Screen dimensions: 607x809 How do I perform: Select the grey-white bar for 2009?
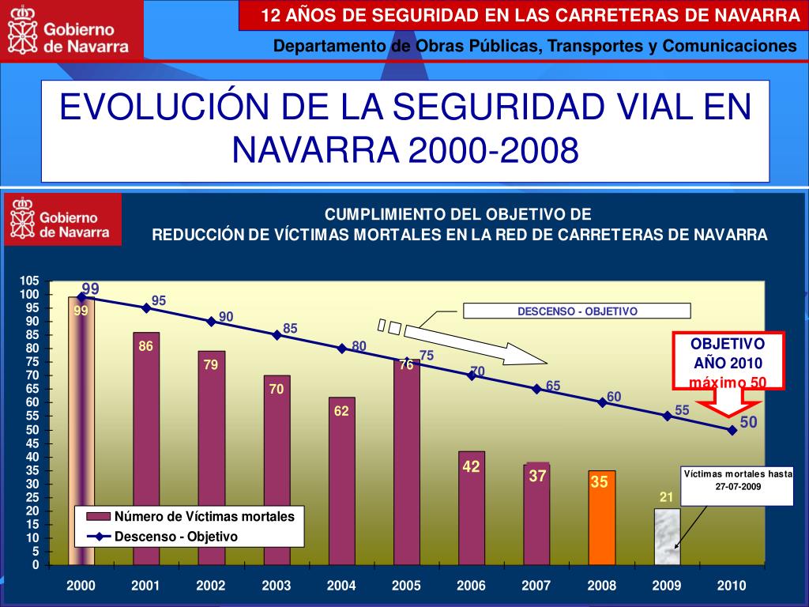point(667,537)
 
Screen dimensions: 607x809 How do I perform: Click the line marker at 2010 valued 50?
point(732,430)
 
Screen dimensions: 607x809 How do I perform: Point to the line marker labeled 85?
point(277,334)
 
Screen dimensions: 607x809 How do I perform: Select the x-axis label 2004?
point(341,586)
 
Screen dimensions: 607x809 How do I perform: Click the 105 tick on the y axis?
point(29,281)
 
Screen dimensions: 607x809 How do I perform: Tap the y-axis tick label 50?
point(32,430)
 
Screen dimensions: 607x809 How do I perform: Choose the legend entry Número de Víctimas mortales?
point(204,517)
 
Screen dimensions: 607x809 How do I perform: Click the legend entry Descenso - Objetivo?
point(175,536)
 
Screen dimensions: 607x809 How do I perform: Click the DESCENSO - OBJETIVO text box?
point(577,311)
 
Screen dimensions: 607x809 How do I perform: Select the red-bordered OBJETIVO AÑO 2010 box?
point(728,360)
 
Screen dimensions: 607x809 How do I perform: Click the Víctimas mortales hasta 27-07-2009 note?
point(738,481)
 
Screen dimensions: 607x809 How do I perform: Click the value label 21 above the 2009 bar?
point(666,497)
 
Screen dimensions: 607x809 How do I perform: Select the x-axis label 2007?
point(536,586)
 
